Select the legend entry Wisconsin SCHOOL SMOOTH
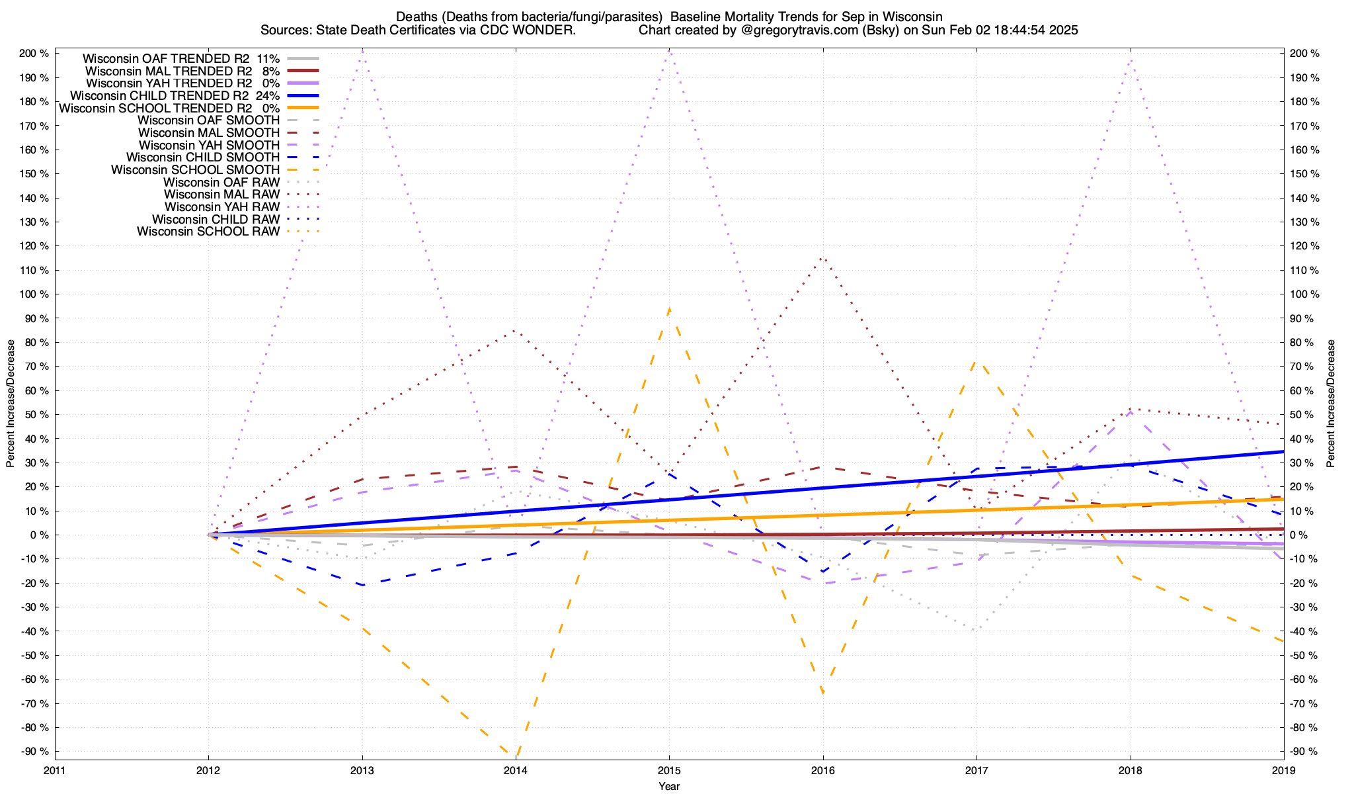coord(195,170)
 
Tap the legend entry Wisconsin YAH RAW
coord(221,207)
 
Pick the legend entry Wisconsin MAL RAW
coord(221,195)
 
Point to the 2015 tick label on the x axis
coord(669,770)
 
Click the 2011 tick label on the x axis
coord(55,770)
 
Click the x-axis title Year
coord(669,786)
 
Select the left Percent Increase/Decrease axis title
coord(11,404)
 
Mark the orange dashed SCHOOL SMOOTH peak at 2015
coord(669,308)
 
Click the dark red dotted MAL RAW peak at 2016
coord(822,258)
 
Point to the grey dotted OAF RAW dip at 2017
coord(976,630)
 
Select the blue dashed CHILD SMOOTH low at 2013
coord(362,585)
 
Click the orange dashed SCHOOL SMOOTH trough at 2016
coord(822,693)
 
